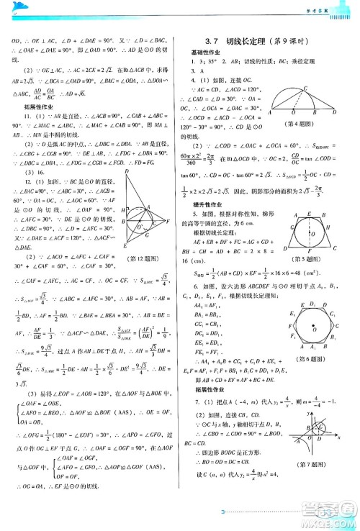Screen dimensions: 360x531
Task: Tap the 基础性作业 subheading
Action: [x=205, y=53]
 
